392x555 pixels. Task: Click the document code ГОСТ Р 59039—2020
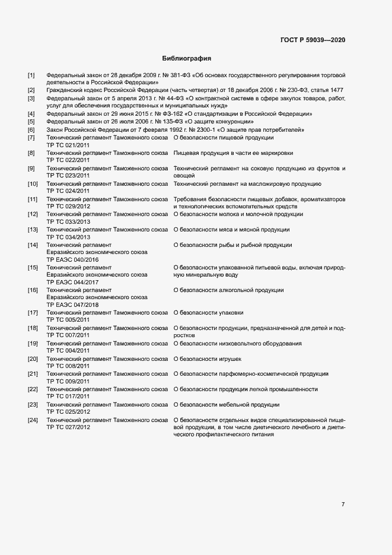click(313, 40)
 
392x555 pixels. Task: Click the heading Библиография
click(187, 59)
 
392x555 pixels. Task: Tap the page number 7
click(343, 504)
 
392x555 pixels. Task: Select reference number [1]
click(31, 75)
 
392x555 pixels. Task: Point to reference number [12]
click(33, 214)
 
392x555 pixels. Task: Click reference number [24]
click(33, 420)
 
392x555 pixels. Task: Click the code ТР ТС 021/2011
click(68, 145)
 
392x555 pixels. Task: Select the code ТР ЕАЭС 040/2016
click(73, 259)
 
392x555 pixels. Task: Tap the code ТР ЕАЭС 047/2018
click(73, 305)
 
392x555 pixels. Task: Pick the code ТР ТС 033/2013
click(68, 221)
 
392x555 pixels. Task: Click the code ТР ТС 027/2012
click(68, 427)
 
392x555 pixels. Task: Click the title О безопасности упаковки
click(208, 313)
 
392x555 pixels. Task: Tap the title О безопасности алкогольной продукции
click(228, 290)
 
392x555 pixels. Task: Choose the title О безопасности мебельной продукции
click(226, 405)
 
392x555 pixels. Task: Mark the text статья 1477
click(327, 90)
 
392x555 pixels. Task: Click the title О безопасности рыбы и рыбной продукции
click(232, 245)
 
